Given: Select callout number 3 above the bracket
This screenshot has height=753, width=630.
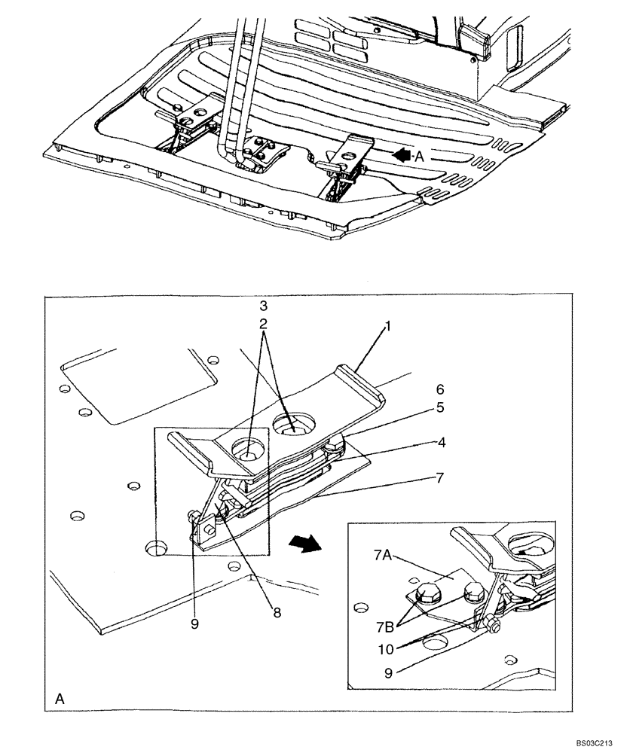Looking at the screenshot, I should click(264, 307).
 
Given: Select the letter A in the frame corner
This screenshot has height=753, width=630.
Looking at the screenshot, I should click(59, 700).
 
